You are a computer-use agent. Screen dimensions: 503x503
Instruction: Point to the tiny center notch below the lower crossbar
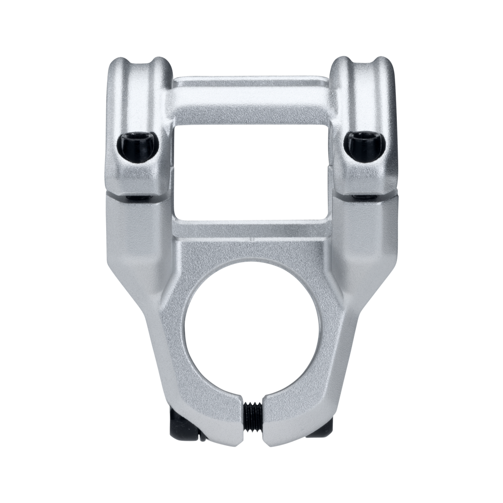[251, 239]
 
